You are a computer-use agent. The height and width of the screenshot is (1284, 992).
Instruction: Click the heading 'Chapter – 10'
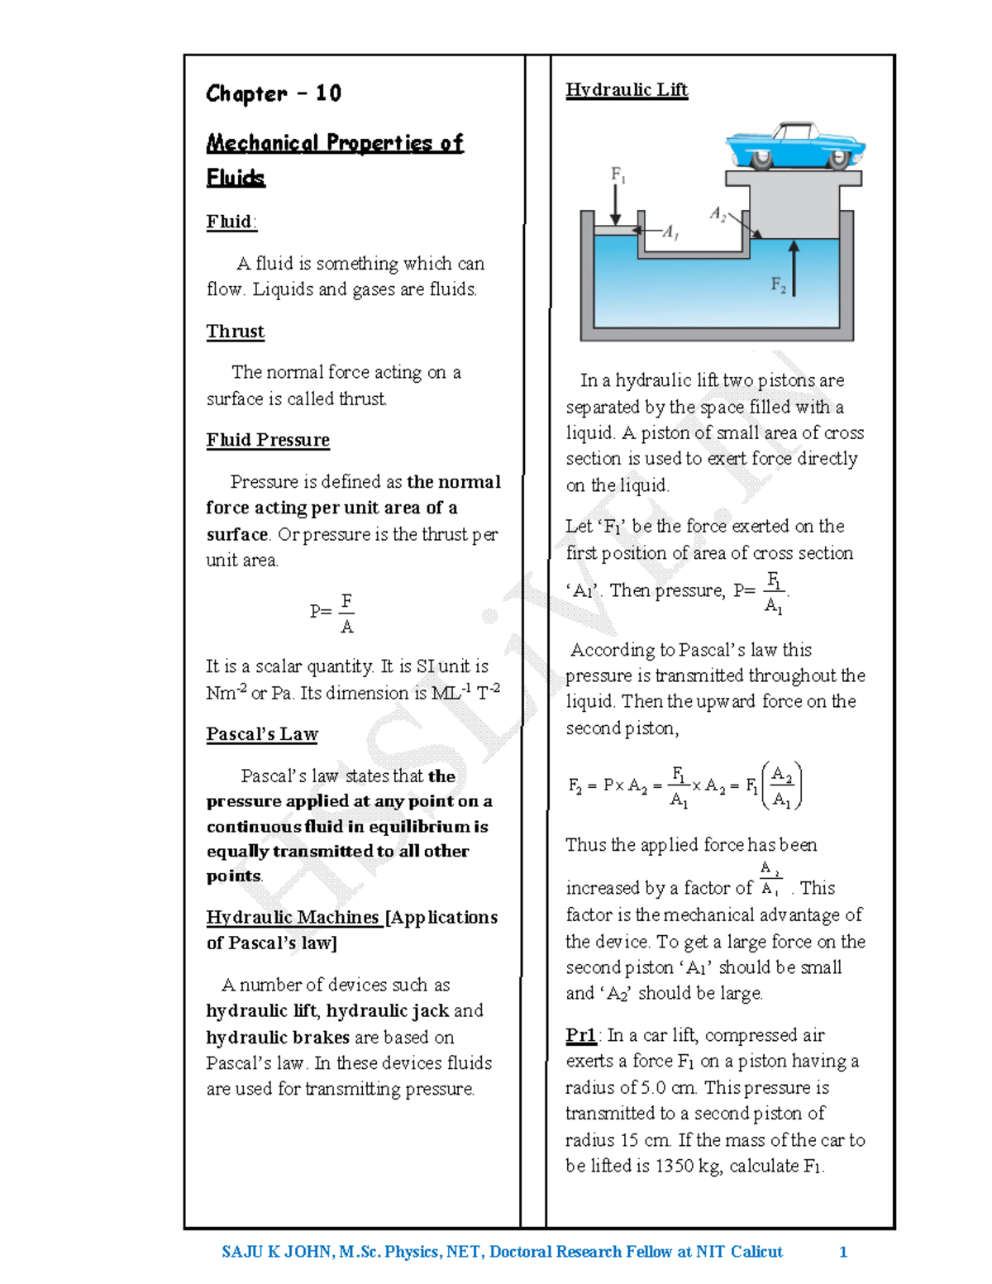click(x=273, y=93)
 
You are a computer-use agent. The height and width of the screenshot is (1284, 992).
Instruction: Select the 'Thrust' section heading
click(x=236, y=332)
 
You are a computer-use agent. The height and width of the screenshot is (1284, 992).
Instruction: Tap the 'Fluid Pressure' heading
click(x=268, y=440)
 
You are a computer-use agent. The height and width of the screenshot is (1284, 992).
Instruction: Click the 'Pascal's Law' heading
click(x=262, y=734)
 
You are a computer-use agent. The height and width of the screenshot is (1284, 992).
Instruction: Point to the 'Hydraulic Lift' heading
click(x=626, y=89)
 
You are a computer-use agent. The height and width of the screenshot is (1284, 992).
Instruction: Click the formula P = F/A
click(x=333, y=612)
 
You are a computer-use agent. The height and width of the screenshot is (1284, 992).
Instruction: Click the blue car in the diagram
click(x=794, y=146)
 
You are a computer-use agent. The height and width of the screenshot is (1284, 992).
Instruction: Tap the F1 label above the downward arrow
click(x=618, y=174)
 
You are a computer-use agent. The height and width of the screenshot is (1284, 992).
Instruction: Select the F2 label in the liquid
click(x=778, y=284)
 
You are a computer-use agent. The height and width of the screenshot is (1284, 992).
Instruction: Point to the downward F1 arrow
click(x=616, y=203)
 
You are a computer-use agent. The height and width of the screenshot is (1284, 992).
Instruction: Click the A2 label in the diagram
click(x=718, y=214)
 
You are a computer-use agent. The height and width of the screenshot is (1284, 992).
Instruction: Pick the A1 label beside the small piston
click(x=670, y=232)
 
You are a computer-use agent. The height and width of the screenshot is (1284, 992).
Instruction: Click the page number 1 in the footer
click(x=843, y=1252)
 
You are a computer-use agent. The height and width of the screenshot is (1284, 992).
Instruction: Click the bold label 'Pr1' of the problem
click(x=580, y=1035)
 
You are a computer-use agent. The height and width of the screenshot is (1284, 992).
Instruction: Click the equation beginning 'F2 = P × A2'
click(x=684, y=785)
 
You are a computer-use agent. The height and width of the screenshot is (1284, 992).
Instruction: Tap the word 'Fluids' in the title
click(x=236, y=178)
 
